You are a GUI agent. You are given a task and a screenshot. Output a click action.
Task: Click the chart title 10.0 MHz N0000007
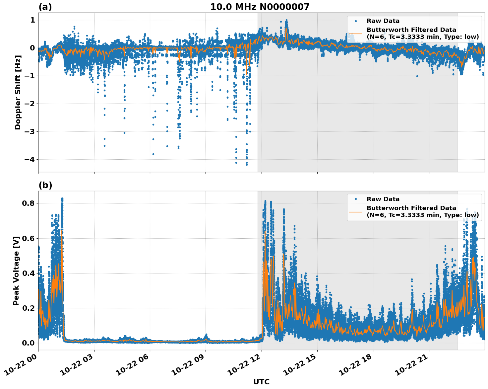tap(260, 7)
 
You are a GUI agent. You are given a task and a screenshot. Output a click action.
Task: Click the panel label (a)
tap(45, 7)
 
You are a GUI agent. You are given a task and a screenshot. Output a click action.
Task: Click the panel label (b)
tap(45, 185)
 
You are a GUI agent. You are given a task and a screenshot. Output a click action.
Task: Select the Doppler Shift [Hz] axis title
tap(18, 92)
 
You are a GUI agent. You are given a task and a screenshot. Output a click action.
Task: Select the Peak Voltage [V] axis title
tap(16, 271)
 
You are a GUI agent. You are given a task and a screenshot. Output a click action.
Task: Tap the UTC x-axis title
tap(261, 382)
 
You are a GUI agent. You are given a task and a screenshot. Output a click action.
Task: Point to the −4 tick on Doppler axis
tap(30, 160)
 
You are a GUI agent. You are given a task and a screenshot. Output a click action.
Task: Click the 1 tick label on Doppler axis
tap(32, 20)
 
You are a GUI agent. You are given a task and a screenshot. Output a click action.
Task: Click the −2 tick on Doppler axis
tap(30, 104)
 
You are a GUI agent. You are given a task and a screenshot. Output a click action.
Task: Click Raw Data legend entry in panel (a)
tap(383, 21)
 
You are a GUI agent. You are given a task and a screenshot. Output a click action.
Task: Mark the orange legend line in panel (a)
tap(355, 33)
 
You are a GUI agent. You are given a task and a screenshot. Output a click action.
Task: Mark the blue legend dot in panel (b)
tap(355, 199)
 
